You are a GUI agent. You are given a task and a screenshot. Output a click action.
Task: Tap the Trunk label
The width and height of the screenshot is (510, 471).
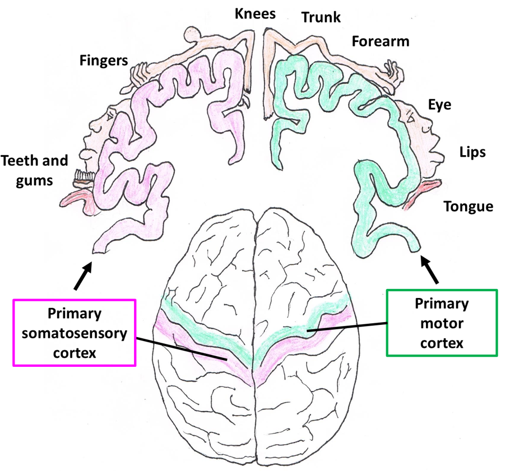coord(321,17)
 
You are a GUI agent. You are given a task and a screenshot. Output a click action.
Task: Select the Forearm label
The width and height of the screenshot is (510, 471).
coord(381,41)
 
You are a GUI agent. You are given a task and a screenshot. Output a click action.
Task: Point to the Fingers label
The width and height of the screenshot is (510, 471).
coord(104,59)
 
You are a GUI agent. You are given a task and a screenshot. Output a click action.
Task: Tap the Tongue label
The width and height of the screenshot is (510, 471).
coord(469,207)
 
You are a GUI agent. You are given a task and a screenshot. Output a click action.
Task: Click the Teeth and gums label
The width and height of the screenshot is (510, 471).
coord(35,170)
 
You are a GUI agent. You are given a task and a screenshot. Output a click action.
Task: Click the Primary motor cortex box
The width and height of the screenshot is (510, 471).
coord(442,323)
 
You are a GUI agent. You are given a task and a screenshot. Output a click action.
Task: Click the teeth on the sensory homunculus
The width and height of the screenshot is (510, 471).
coord(84,179)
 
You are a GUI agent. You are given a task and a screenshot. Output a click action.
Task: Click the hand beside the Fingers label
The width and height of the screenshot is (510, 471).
coord(140,74)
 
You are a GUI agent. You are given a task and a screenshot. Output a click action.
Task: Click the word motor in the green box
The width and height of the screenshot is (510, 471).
coord(441,323)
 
